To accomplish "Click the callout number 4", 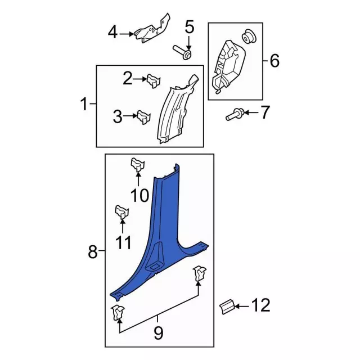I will coord(112,33).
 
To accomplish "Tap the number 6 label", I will coord(274,60).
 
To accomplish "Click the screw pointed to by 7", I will coord(233,115).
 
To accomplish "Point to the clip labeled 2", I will coord(153,82).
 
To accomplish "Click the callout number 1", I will coord(84,104).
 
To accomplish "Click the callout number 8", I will coord(93,253).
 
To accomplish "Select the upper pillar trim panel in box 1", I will coord(177,110).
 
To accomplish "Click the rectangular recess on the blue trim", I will coord(153,264).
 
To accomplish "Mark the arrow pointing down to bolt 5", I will coord(188,43).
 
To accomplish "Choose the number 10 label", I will coord(139,195).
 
